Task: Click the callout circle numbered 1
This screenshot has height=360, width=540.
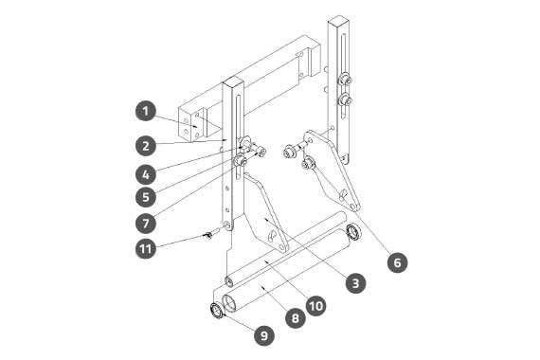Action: [146, 111]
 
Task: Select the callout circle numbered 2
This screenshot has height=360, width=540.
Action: [146, 146]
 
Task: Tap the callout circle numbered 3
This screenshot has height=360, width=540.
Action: [355, 283]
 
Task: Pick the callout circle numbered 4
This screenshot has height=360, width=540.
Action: [146, 174]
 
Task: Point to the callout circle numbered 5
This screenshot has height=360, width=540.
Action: [146, 197]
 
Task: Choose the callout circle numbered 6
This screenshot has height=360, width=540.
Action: [398, 262]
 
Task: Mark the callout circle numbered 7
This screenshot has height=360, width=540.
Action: [146, 224]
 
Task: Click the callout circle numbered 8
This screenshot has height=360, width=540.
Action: [296, 317]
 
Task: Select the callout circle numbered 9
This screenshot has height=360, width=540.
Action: [264, 335]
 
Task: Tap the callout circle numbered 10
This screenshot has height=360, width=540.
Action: [316, 305]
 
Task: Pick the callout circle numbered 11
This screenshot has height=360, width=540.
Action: [146, 248]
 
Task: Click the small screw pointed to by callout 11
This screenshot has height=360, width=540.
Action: [208, 235]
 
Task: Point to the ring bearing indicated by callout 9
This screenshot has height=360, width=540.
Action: [217, 311]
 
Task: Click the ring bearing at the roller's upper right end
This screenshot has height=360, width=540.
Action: [354, 232]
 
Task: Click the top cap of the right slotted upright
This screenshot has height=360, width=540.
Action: [338, 20]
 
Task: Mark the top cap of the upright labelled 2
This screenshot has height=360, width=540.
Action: [233, 82]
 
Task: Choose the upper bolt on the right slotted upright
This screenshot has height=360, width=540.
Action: [345, 81]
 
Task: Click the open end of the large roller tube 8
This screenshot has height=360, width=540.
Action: [229, 303]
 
